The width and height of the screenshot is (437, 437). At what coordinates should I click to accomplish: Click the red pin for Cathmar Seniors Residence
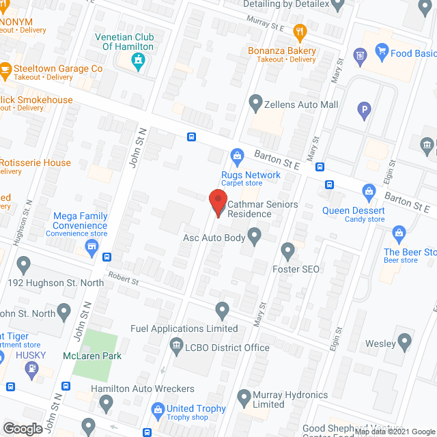[x=217, y=202]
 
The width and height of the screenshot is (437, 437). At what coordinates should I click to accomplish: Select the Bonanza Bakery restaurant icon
[x=299, y=31]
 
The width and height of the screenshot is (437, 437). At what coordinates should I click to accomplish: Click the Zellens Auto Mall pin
[x=256, y=104]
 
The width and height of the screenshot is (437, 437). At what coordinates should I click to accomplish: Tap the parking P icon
[x=365, y=109]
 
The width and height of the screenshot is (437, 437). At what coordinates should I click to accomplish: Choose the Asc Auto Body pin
[x=255, y=237]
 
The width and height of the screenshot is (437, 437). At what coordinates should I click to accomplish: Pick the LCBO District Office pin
[x=177, y=346]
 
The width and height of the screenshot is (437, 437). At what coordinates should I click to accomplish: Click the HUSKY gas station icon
[x=30, y=369]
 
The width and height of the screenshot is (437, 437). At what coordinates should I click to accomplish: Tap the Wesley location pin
[x=406, y=339]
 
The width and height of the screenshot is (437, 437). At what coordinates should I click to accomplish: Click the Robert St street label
[x=122, y=281]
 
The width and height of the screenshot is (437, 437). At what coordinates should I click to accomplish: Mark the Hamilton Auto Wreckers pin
[x=106, y=404]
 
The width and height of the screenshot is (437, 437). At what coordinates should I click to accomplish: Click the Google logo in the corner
[x=23, y=428]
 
